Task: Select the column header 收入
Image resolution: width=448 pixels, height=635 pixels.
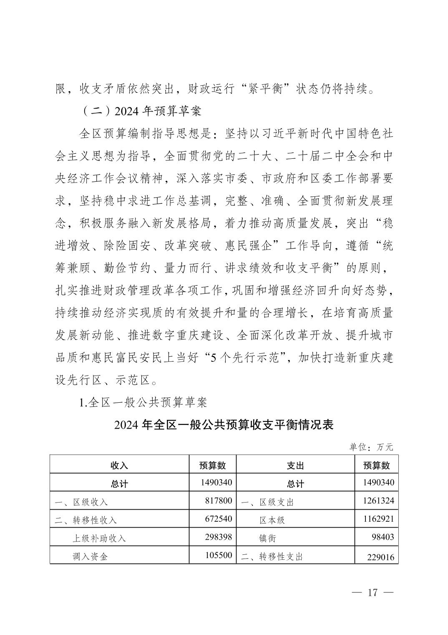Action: click(119, 465)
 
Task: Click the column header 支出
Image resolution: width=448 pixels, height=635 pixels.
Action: click(295, 465)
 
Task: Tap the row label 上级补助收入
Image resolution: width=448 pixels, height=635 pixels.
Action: click(99, 538)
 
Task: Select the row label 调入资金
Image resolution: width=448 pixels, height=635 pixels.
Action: click(90, 556)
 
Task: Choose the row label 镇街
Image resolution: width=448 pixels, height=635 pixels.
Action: click(267, 538)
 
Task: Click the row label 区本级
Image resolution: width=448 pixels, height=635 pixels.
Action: click(272, 520)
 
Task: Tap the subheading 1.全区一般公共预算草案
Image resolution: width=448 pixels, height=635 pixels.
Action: click(143, 402)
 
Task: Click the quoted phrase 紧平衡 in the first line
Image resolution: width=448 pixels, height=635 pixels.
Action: click(272, 89)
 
